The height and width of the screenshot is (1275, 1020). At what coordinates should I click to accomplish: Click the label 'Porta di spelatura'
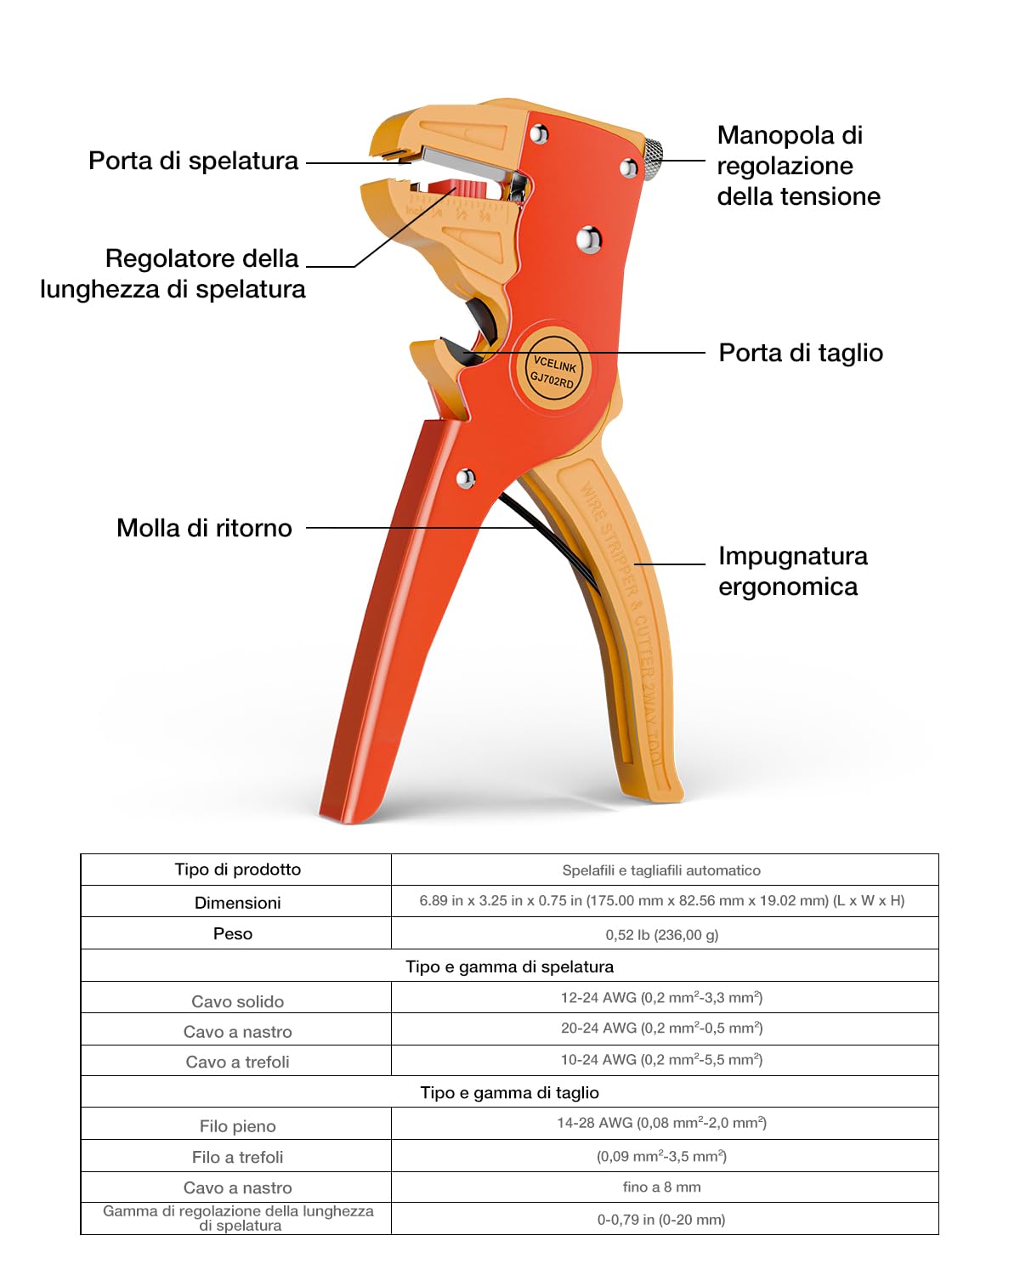click(193, 161)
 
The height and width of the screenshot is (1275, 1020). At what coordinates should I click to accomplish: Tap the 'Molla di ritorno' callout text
click(205, 528)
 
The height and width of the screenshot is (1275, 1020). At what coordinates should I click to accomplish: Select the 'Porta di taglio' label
click(801, 353)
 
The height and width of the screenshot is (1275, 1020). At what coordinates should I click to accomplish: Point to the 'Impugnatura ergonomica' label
click(793, 571)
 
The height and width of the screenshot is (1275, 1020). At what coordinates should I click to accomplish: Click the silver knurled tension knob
click(652, 159)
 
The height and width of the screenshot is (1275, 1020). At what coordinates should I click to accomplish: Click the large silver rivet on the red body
click(588, 240)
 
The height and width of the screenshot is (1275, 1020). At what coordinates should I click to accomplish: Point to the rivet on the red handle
click(465, 478)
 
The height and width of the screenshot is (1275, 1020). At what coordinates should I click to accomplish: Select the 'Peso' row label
click(233, 934)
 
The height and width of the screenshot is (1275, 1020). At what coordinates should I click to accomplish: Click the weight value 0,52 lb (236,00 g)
click(662, 935)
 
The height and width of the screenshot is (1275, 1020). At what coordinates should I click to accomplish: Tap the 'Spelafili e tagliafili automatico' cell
click(661, 870)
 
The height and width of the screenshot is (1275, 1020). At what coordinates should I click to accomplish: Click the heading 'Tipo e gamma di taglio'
click(510, 1092)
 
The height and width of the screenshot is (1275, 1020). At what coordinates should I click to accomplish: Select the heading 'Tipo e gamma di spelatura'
click(510, 967)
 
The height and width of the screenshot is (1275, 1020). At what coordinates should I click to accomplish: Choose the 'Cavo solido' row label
click(238, 1001)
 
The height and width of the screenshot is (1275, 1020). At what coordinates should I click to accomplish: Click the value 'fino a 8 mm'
click(661, 1187)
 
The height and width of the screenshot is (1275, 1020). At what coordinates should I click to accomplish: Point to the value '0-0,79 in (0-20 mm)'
click(661, 1219)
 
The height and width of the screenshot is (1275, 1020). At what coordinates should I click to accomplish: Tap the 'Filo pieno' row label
click(238, 1126)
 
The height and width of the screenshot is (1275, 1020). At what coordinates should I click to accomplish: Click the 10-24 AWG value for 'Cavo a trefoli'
click(661, 1059)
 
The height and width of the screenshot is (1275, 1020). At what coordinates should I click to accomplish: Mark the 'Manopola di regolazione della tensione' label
click(798, 166)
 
